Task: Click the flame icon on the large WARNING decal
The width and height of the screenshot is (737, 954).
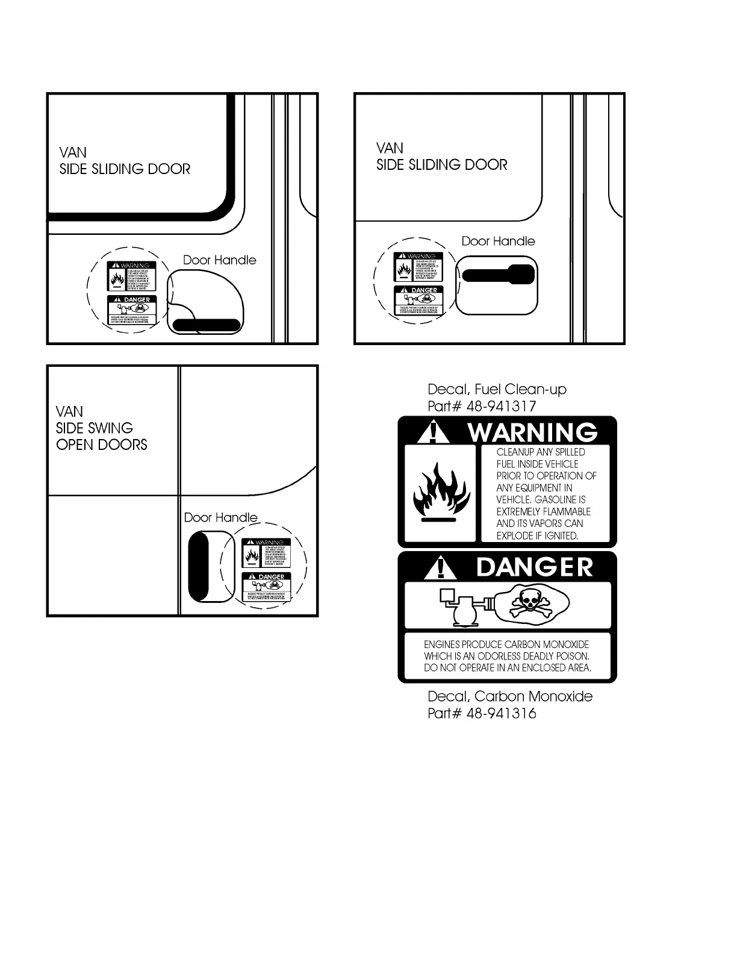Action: coord(441,492)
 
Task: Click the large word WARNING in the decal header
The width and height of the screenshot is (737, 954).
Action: coord(532,432)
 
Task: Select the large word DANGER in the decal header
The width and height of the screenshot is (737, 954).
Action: coord(535,567)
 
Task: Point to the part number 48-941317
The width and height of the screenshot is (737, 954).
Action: coord(501,406)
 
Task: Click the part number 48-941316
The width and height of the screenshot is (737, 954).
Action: coord(501,713)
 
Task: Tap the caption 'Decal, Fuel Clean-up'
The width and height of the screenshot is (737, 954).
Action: coord(497,389)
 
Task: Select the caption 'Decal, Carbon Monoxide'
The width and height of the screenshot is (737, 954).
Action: coord(509,696)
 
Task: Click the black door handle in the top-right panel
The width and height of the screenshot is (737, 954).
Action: coord(499,275)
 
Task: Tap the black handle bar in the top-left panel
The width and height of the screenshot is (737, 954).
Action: coord(206,325)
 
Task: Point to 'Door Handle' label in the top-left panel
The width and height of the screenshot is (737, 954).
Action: coord(219,260)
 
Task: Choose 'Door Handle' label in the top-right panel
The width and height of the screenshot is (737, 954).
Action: coord(498,241)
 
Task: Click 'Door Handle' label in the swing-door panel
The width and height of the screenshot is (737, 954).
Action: coord(220,517)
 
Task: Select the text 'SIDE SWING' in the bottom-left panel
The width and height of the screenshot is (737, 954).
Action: coord(95,428)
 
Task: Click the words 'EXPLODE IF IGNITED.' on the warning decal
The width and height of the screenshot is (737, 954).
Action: coord(537,535)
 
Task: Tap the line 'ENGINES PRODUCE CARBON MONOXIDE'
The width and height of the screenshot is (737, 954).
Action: coord(506,644)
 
